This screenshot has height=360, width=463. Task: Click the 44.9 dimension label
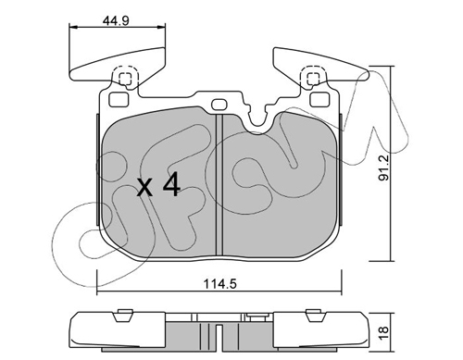pyautogui.click(x=116, y=21)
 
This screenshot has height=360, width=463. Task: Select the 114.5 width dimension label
pyautogui.click(x=219, y=283)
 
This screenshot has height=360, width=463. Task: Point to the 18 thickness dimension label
pyautogui.click(x=383, y=334)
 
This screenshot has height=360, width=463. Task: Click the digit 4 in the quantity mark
pyautogui.click(x=171, y=184)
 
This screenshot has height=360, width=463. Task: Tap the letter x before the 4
pyautogui.click(x=144, y=187)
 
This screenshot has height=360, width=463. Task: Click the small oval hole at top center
pyautogui.click(x=219, y=104)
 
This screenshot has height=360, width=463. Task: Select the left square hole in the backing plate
pyautogui.click(x=119, y=99)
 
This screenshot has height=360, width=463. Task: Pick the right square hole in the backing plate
pyautogui.click(x=319, y=99)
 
